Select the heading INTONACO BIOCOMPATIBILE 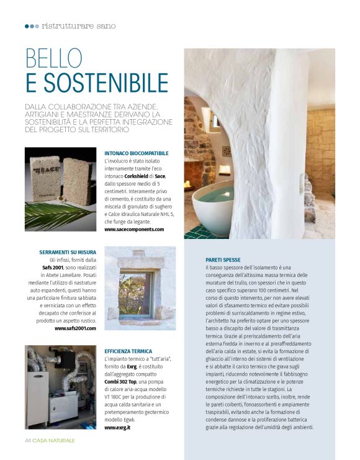tap(137, 153)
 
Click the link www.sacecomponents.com tap(134, 229)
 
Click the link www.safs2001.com tap(75, 328)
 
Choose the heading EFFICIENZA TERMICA tap(128, 351)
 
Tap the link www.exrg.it tap(117, 428)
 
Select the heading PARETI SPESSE tap(223, 259)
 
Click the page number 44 tap(28, 440)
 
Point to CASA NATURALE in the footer tap(54, 440)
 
